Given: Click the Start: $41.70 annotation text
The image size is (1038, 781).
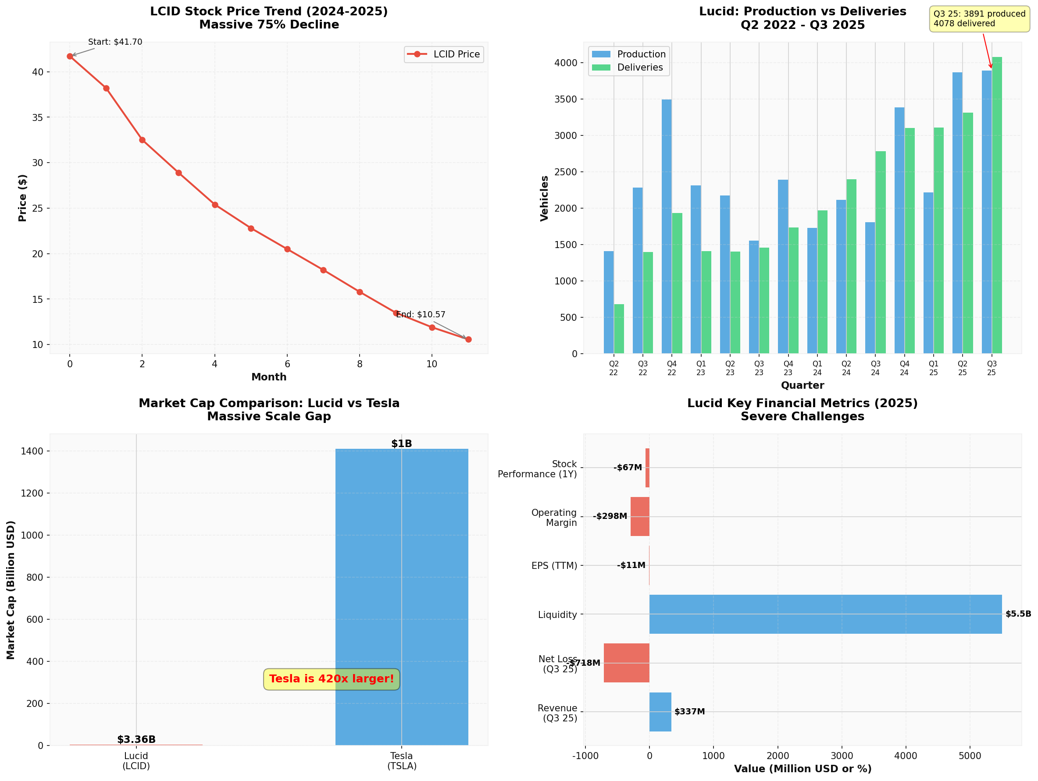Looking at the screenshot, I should pyautogui.click(x=115, y=42).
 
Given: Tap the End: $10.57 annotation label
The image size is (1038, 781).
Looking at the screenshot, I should pyautogui.click(x=421, y=315).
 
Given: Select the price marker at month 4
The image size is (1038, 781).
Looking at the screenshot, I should pyautogui.click(x=215, y=205).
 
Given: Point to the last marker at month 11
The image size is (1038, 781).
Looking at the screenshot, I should pyautogui.click(x=468, y=340).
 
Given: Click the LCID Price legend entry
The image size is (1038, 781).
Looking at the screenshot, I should pyautogui.click(x=444, y=54).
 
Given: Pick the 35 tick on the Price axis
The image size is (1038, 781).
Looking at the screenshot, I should pyautogui.click(x=38, y=118).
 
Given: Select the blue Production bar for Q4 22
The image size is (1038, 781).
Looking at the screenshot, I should pyautogui.click(x=667, y=226).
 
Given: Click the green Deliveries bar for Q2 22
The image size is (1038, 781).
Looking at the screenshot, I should pyautogui.click(x=619, y=329).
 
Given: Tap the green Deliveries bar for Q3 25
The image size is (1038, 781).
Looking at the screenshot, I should pyautogui.click(x=997, y=205).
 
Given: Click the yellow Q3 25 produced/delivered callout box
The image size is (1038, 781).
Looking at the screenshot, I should pyautogui.click(x=979, y=19).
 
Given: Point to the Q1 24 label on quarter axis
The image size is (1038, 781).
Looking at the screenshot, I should pyautogui.click(x=817, y=368).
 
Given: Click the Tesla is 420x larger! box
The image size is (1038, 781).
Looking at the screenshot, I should pyautogui.click(x=331, y=679).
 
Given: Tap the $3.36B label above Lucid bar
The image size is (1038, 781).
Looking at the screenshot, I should pyautogui.click(x=136, y=740).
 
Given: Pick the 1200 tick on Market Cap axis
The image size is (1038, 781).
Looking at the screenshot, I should pyautogui.click(x=32, y=493).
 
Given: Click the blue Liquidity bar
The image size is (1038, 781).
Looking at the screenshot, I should pyautogui.click(x=825, y=614).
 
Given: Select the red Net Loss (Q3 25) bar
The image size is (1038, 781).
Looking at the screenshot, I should pyautogui.click(x=627, y=663).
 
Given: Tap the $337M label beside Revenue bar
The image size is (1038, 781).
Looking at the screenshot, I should pyautogui.click(x=689, y=712).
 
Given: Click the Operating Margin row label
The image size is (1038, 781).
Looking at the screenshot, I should pyautogui.click(x=554, y=518).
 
